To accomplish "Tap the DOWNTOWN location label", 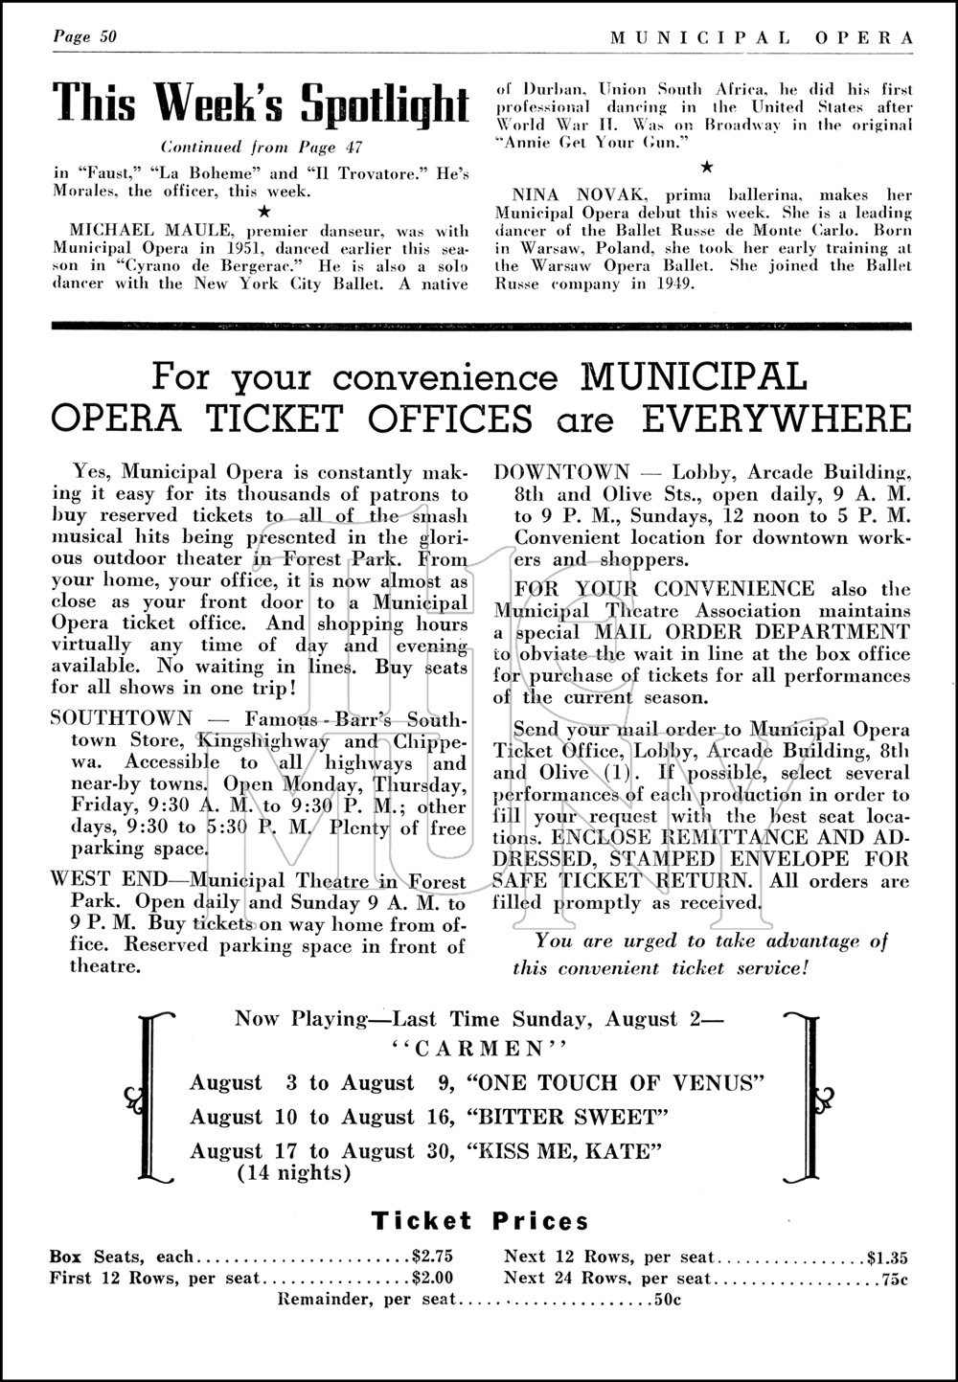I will point(561,472).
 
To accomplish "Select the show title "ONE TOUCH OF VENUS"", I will point(613,1083).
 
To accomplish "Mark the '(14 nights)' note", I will point(293,1172).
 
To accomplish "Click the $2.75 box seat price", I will point(432,1257).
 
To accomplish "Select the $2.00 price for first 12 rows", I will point(432,1278).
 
